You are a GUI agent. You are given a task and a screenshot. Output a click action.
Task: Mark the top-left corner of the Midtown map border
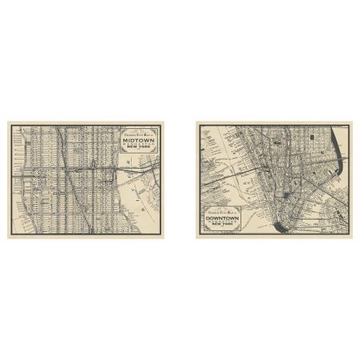[10, 123]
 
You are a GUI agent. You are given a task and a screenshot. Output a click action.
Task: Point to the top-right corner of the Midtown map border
[162, 123]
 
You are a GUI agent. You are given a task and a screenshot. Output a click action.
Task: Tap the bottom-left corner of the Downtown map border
[198, 237]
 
